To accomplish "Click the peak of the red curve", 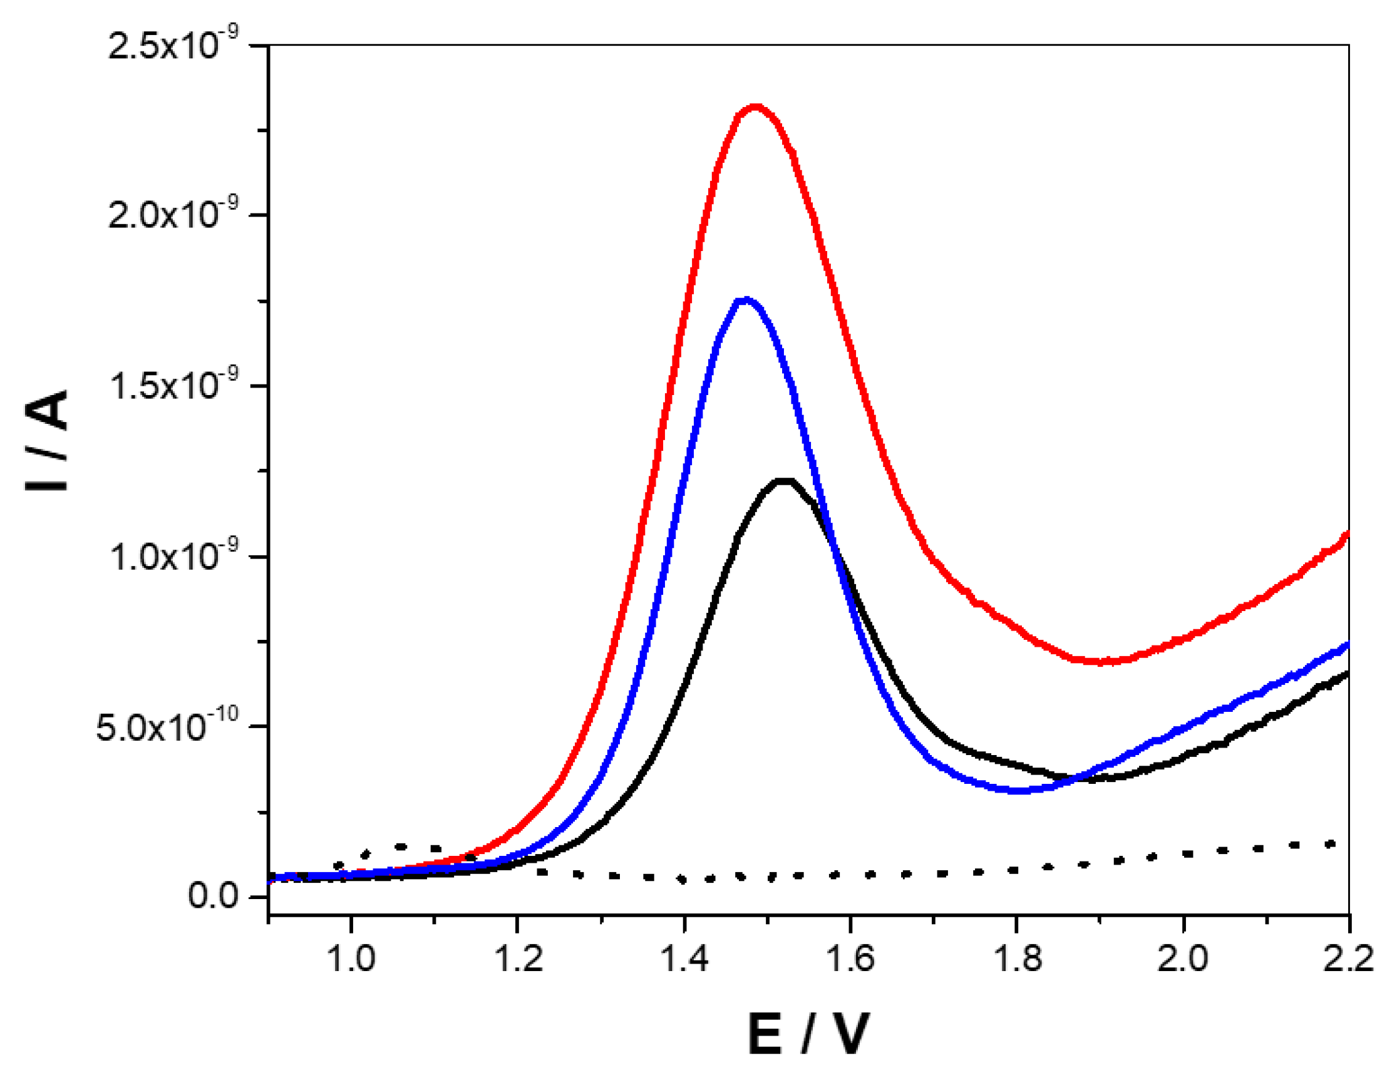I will point(755,106).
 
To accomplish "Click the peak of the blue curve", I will point(746,299).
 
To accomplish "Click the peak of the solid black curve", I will point(785,481).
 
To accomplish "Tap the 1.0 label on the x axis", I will point(351,958).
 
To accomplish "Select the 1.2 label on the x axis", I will point(518,958).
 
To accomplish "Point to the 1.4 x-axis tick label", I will point(684,958).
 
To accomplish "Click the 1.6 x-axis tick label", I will point(850,958).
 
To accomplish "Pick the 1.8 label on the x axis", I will point(1017,958).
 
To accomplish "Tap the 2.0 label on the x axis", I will point(1182,958).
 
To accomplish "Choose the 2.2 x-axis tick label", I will point(1348,958).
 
